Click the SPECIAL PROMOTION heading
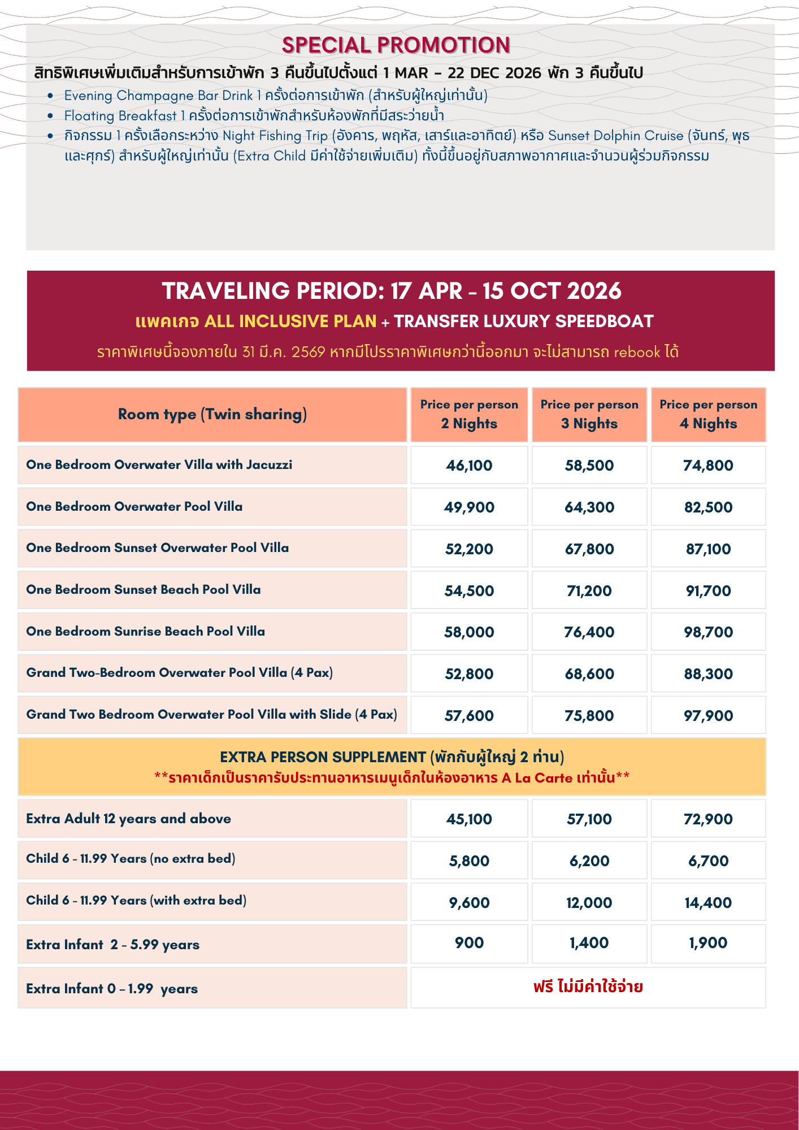click(x=396, y=45)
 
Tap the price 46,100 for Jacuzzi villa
click(x=469, y=466)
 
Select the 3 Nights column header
click(x=589, y=415)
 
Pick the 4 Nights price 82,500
click(x=708, y=507)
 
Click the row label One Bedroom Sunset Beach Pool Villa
click(x=144, y=590)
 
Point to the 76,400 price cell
click(x=589, y=632)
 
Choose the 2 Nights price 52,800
click(x=469, y=674)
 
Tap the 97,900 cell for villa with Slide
click(x=708, y=716)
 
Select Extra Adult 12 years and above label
click(x=129, y=819)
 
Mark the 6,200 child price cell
click(x=589, y=861)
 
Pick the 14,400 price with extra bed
click(x=708, y=903)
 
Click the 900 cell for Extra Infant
click(x=469, y=942)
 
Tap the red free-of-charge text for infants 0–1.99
click(x=588, y=987)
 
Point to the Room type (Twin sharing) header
click(x=212, y=415)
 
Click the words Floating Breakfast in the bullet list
click(x=120, y=116)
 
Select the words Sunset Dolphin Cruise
click(x=615, y=136)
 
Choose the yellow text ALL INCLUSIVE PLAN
click(x=290, y=321)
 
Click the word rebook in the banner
click(x=637, y=353)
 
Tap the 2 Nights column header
click(x=469, y=415)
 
